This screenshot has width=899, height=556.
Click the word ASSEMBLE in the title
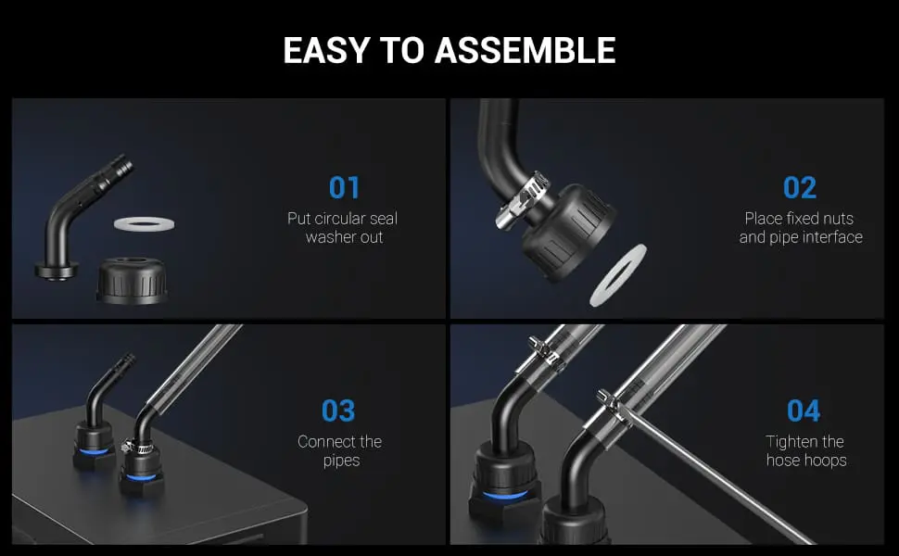[525, 50]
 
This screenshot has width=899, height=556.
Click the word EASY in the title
[325, 50]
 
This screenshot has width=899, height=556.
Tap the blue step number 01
[344, 187]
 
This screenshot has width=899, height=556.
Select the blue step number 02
[799, 187]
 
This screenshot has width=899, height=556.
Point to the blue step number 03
[338, 411]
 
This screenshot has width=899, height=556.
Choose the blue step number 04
[804, 411]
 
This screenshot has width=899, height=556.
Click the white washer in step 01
[144, 223]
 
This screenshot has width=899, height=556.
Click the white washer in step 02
[618, 274]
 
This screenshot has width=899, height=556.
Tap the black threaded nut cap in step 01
[132, 280]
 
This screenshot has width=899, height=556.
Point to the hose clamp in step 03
[136, 445]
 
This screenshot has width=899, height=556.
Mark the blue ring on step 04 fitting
[504, 495]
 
